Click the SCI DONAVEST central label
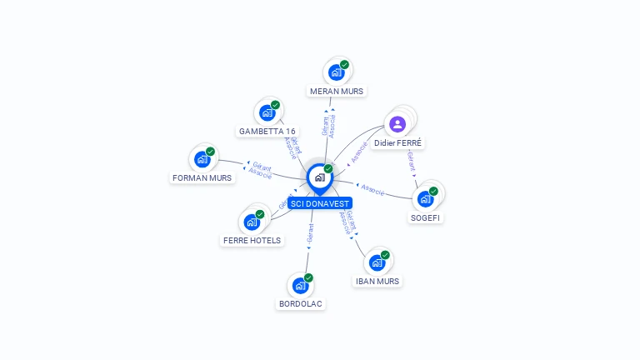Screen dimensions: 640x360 320,203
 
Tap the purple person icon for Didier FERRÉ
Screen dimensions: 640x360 397,123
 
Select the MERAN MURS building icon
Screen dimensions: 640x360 336,72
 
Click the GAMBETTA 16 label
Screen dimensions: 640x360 267,131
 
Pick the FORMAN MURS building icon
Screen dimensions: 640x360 202,158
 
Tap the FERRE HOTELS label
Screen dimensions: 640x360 252,240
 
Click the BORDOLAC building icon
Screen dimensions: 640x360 300,285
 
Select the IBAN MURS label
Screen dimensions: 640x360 377,282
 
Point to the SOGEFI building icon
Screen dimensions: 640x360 425,198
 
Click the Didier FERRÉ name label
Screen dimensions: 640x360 398,143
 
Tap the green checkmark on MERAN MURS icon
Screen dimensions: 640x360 344,65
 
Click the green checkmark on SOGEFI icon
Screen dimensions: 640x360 433,191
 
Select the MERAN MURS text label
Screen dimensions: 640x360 337,91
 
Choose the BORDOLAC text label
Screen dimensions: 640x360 301,304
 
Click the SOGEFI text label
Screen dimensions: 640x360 426,217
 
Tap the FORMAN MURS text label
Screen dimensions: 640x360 202,177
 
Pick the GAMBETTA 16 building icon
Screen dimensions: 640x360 267,112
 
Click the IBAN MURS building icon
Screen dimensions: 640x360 377,262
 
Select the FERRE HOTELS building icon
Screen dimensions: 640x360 252,222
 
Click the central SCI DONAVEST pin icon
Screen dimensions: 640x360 319,177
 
